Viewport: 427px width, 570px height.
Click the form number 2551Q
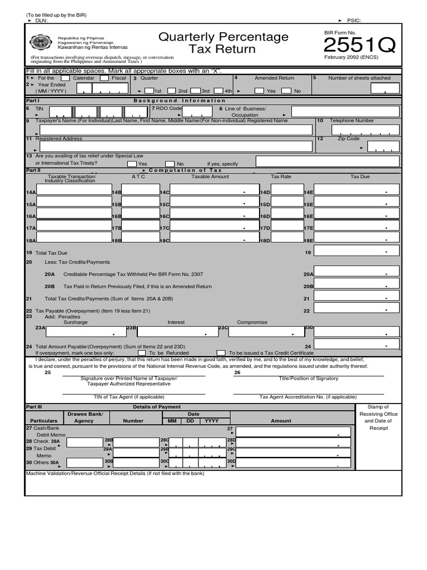[359, 45]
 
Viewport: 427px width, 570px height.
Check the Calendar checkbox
[65, 78]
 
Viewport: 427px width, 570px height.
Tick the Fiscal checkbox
[104, 78]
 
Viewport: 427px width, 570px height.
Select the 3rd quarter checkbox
[196, 91]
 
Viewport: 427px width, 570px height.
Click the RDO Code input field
[197, 112]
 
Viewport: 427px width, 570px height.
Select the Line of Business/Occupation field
[345, 112]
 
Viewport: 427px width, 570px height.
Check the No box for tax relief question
[170, 164]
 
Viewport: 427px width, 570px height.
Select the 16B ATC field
[141, 214]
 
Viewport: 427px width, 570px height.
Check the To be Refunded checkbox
[142, 353]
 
